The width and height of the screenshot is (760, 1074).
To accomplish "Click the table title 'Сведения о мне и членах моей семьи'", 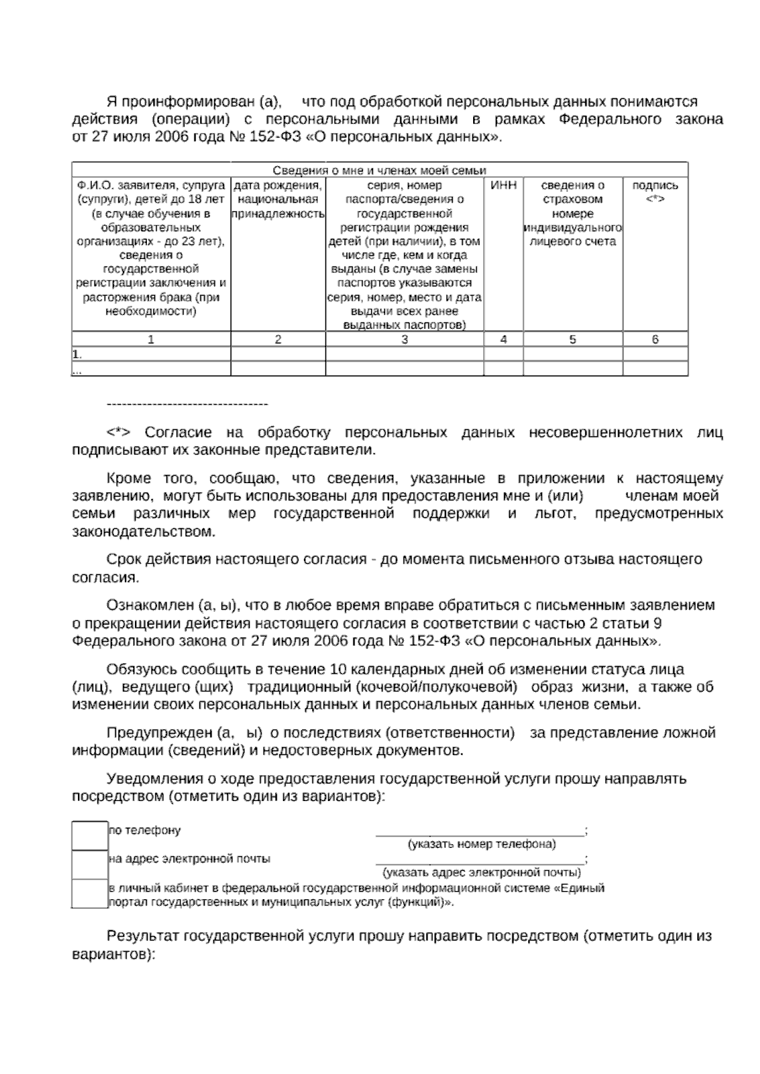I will coord(379,170).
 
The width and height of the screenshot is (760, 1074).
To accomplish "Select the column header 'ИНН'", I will coord(503,186).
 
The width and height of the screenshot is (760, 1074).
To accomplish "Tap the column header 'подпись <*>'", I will coord(655,192).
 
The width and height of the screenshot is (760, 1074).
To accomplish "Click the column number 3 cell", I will coord(405,339).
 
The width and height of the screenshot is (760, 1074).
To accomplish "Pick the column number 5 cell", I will coord(573,339).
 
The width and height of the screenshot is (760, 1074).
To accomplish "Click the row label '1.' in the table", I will coord(78,354).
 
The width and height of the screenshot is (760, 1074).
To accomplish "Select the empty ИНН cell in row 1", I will coord(503,354).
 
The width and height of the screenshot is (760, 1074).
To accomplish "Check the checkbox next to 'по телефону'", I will coord(89,835).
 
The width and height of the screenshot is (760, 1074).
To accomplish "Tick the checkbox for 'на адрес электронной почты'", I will coord(89,864).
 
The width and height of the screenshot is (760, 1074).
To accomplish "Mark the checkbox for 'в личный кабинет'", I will coord(89,894).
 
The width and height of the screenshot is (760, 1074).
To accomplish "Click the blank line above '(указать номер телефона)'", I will coord(480,833).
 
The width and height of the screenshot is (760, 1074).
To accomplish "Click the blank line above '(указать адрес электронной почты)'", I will coord(480,862).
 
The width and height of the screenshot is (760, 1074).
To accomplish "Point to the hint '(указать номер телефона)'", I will coord(481,844).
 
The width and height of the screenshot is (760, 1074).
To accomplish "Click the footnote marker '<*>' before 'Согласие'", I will coord(118,433).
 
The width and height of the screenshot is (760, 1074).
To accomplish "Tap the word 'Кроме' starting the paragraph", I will coord(127,479).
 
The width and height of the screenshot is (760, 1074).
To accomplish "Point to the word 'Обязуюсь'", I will coord(142,669).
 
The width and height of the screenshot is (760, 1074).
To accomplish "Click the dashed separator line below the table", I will coord(187,404).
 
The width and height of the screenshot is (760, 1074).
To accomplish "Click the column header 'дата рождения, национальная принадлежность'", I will coord(278,199).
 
